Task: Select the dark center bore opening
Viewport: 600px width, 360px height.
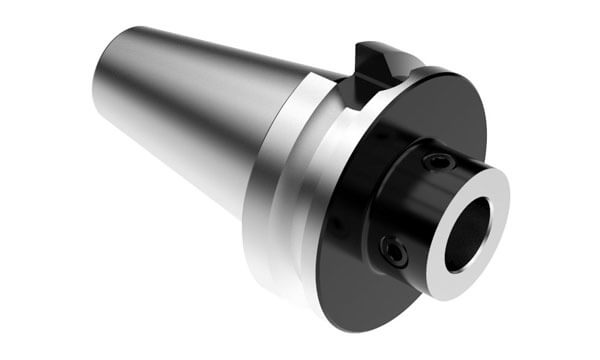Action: pos(467,232)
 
